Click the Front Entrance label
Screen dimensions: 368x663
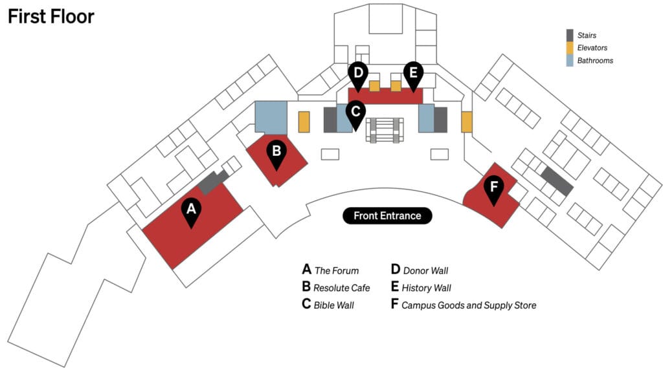387,216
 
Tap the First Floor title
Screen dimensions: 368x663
51,17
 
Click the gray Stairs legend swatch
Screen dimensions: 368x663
570,35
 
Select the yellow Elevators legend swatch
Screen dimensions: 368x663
570,48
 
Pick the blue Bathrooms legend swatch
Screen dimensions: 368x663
570,61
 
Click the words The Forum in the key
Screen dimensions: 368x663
336,271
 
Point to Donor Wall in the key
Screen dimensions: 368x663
425,271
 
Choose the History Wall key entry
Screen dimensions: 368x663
426,288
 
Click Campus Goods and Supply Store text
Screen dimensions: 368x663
469,305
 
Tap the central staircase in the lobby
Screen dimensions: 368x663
385,129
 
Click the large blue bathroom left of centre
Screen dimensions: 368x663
271,117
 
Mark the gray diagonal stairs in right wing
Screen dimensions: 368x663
557,181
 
